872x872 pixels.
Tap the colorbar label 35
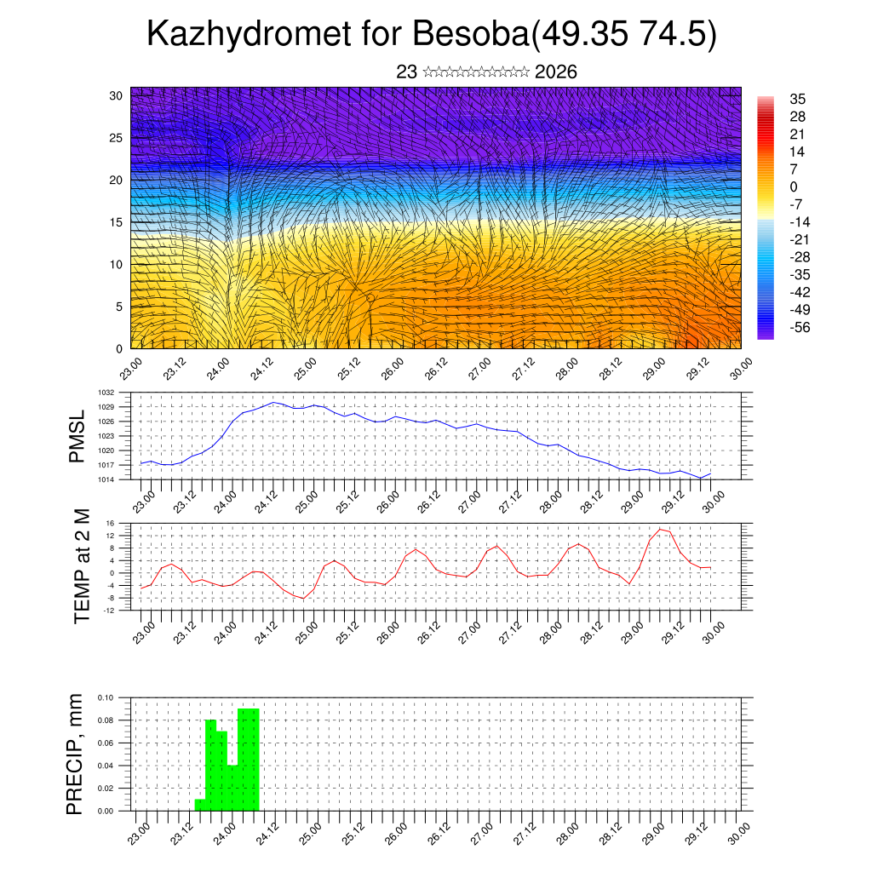click(798, 99)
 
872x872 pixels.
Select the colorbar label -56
click(801, 326)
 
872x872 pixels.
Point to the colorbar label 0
click(794, 186)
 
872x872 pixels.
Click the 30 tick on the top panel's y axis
click(116, 95)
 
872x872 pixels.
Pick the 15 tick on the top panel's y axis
click(116, 222)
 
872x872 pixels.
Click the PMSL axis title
click(77, 436)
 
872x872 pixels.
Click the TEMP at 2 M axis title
click(82, 567)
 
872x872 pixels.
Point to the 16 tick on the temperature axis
click(110, 523)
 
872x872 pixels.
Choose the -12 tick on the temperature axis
click(109, 610)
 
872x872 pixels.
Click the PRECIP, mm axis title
click(76, 754)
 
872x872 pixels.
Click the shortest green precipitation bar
click(200, 805)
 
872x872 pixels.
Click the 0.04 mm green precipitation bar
click(232, 789)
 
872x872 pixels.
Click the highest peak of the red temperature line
click(660, 530)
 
